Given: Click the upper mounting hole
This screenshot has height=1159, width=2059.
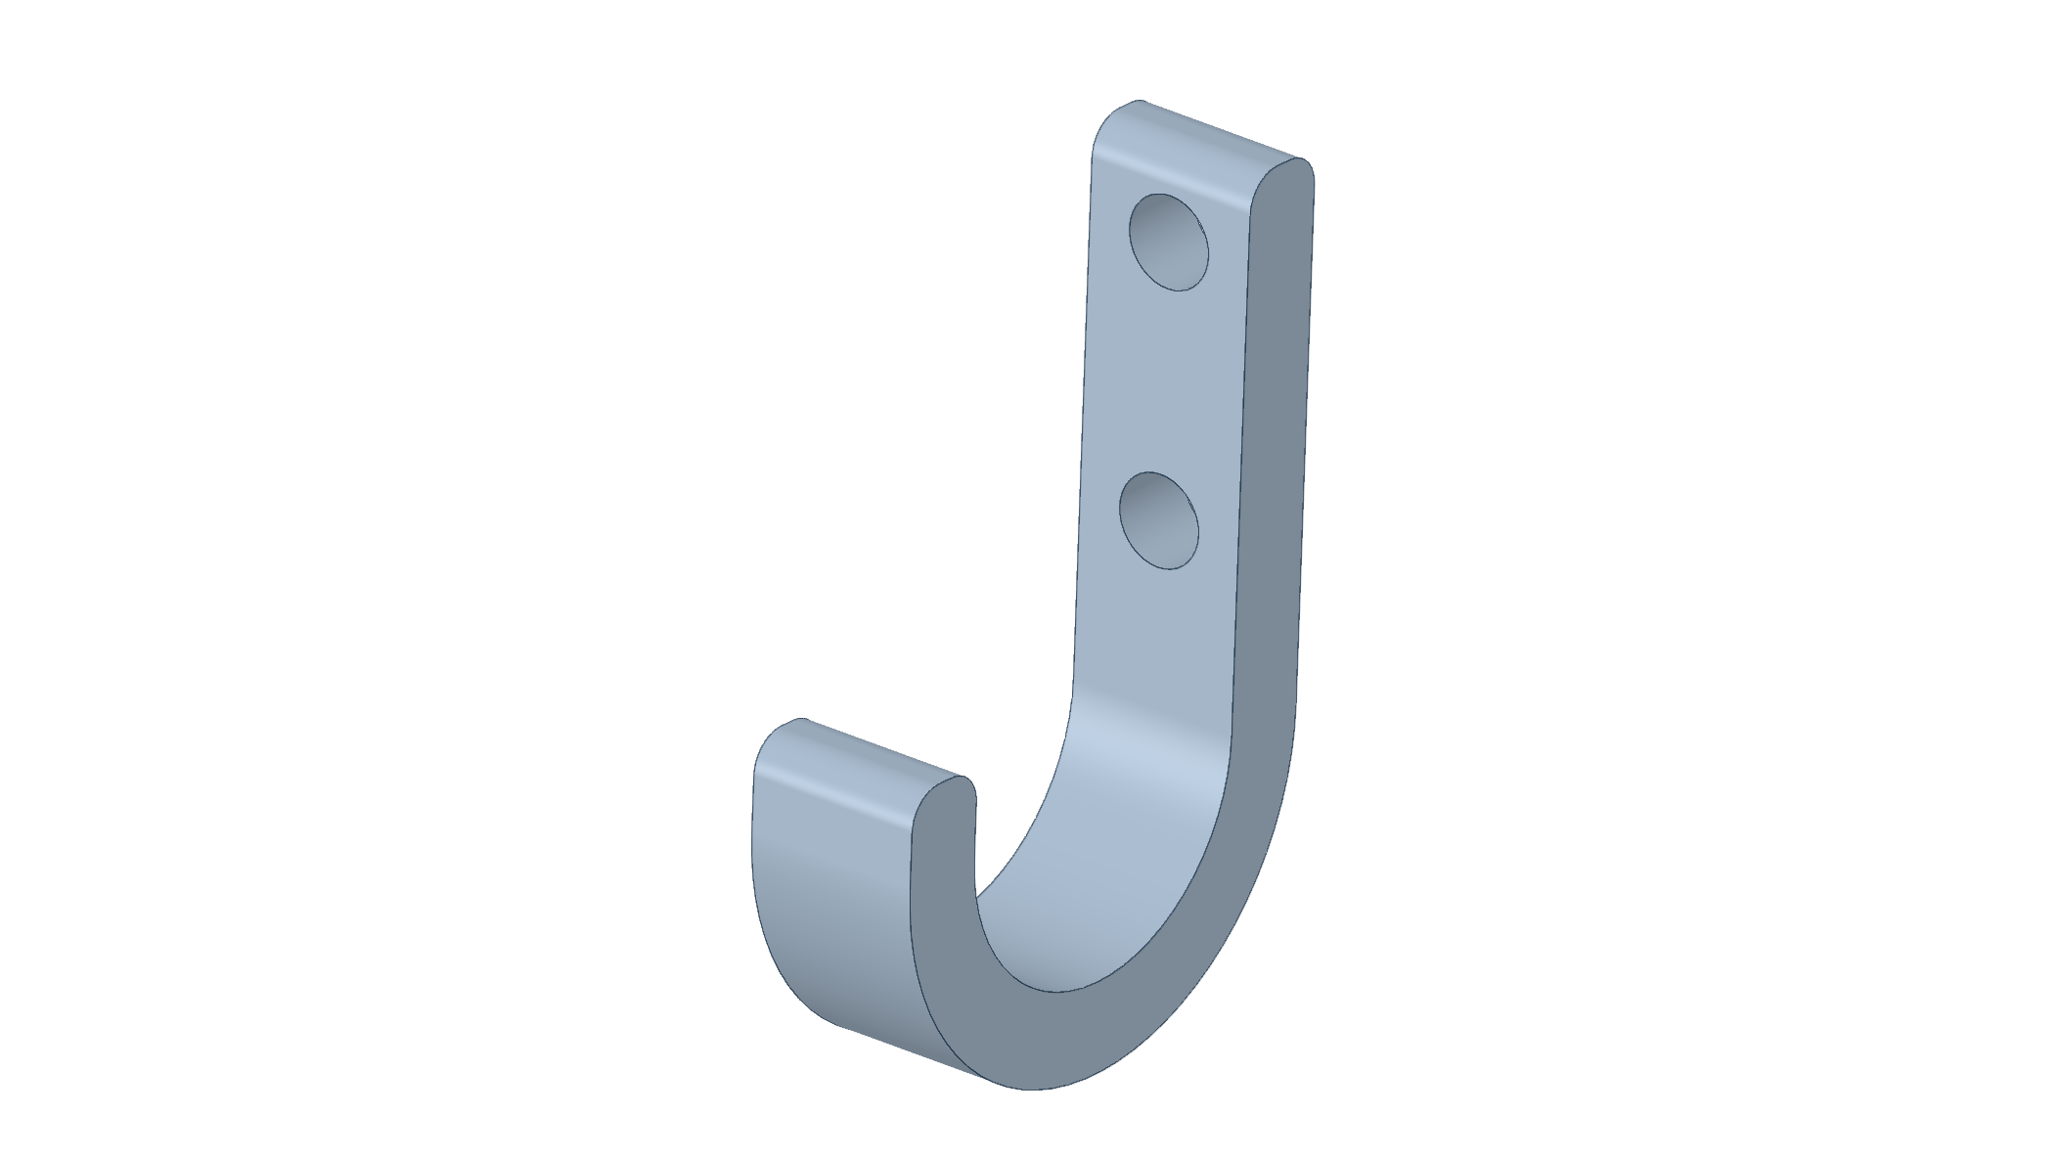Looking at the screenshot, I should pos(1168,242).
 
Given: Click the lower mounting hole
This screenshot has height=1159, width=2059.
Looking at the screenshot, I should pos(1158,520).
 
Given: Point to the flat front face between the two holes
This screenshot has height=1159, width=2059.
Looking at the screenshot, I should pos(1164,381).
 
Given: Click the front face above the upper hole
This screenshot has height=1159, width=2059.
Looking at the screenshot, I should pos(1135,166).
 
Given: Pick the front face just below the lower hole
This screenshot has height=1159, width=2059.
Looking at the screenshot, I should pos(1154,626).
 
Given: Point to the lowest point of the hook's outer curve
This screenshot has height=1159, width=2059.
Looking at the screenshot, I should pos(1027,1088).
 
